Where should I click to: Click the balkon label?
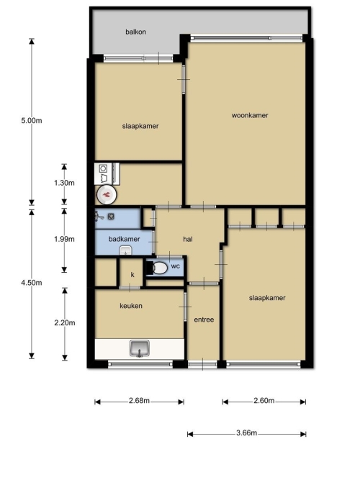click(135, 32)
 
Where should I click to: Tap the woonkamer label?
click(250, 115)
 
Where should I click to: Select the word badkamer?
click(124, 239)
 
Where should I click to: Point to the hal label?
click(188, 240)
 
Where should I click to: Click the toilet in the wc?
click(157, 268)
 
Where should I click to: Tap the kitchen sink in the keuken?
click(140, 348)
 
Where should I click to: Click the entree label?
click(204, 320)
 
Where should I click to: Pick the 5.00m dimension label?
click(31, 121)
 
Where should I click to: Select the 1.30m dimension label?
click(64, 183)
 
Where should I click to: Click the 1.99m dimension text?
click(64, 240)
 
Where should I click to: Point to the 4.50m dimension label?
click(31, 283)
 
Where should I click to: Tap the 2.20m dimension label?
click(65, 323)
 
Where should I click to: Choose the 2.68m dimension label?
click(139, 401)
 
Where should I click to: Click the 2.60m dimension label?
click(264, 401)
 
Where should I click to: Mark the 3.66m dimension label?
click(247, 433)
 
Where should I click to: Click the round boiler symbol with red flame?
click(107, 195)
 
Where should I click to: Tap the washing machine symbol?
click(103, 173)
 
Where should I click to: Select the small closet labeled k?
click(131, 272)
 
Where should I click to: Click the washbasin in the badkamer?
click(125, 251)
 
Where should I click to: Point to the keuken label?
click(131, 306)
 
